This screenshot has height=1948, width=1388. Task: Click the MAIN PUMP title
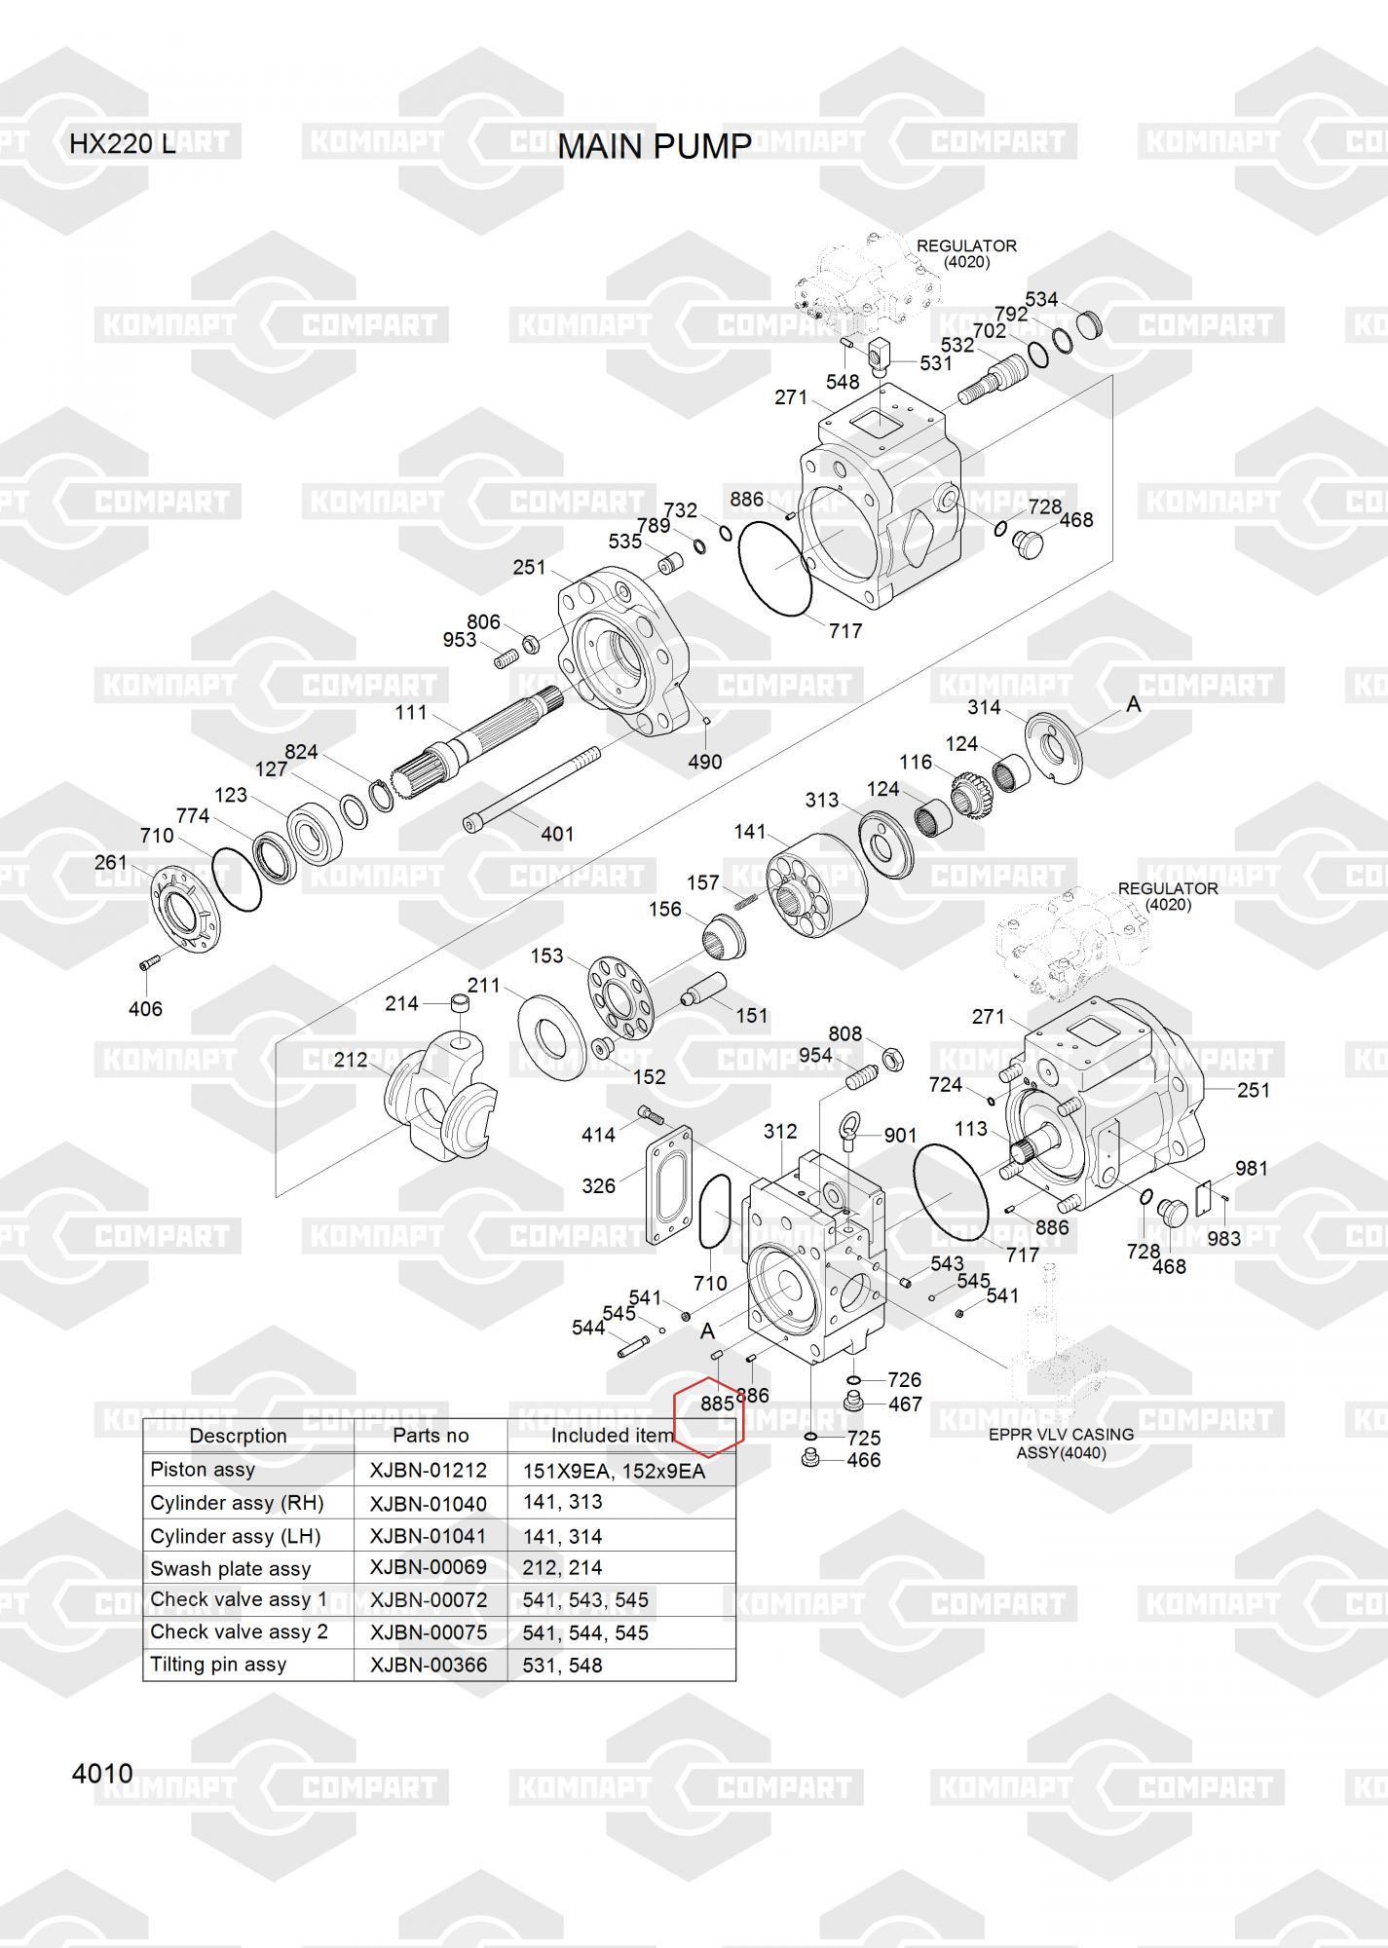pos(654,147)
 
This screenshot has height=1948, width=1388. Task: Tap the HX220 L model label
pos(123,144)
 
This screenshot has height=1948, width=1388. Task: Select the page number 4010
pos(102,1774)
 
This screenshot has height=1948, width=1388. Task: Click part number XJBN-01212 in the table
pos(429,1471)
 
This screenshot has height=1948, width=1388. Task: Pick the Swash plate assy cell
pos(230,1568)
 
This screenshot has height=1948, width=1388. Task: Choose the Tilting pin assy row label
pos(218,1664)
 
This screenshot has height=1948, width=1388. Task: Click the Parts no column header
pos(431,1435)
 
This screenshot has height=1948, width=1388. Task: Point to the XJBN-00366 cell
pos(429,1665)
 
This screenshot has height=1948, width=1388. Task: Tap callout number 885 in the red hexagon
pos(717,1404)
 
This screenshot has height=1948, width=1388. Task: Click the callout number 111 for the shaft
pos(411,713)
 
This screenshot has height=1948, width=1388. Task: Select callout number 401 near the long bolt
pos(557,834)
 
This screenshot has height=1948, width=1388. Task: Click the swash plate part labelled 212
pos(438,1101)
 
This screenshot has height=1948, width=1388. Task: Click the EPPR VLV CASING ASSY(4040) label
pos(1061,1443)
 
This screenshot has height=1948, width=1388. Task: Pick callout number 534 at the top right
pos(1041,299)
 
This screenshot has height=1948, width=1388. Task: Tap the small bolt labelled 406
pos(148,963)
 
